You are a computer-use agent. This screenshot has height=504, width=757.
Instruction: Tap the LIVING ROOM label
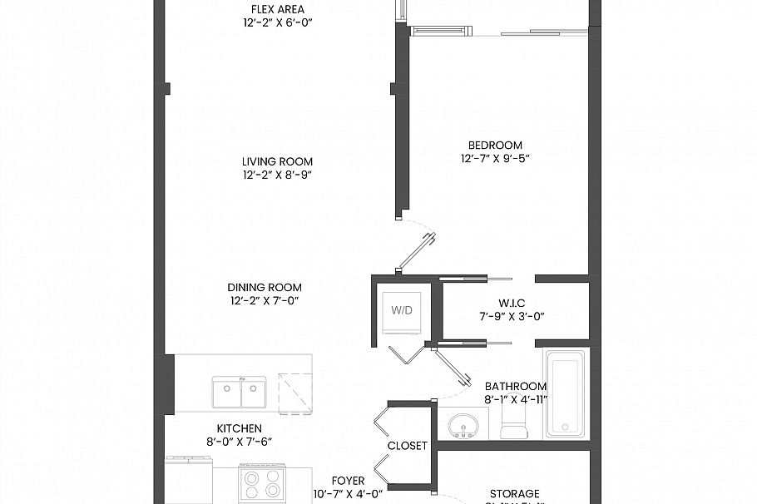pyautogui.click(x=277, y=161)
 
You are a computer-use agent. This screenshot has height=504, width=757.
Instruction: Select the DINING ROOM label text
pyautogui.click(x=265, y=288)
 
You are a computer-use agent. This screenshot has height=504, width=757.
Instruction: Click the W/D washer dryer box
pyautogui.click(x=402, y=309)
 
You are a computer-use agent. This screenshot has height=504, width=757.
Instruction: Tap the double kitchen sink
pyautogui.click(x=240, y=393)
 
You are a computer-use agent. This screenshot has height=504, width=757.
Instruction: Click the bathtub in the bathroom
pyautogui.click(x=566, y=393)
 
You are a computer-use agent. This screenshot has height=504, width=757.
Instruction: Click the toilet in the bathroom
pyautogui.click(x=514, y=427)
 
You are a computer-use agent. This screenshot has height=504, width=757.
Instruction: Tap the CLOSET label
pyautogui.click(x=407, y=446)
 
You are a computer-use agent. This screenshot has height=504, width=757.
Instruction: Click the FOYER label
pyautogui.click(x=348, y=481)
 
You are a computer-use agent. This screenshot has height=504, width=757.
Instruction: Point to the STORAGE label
pyautogui.click(x=514, y=493)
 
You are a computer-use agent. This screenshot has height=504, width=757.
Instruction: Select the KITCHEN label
pyautogui.click(x=239, y=428)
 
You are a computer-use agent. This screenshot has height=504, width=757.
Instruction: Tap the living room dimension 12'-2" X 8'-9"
pyautogui.click(x=277, y=175)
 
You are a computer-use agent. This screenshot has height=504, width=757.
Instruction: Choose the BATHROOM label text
pyautogui.click(x=516, y=386)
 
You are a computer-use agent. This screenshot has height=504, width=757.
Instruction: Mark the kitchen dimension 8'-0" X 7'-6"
pyautogui.click(x=239, y=442)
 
